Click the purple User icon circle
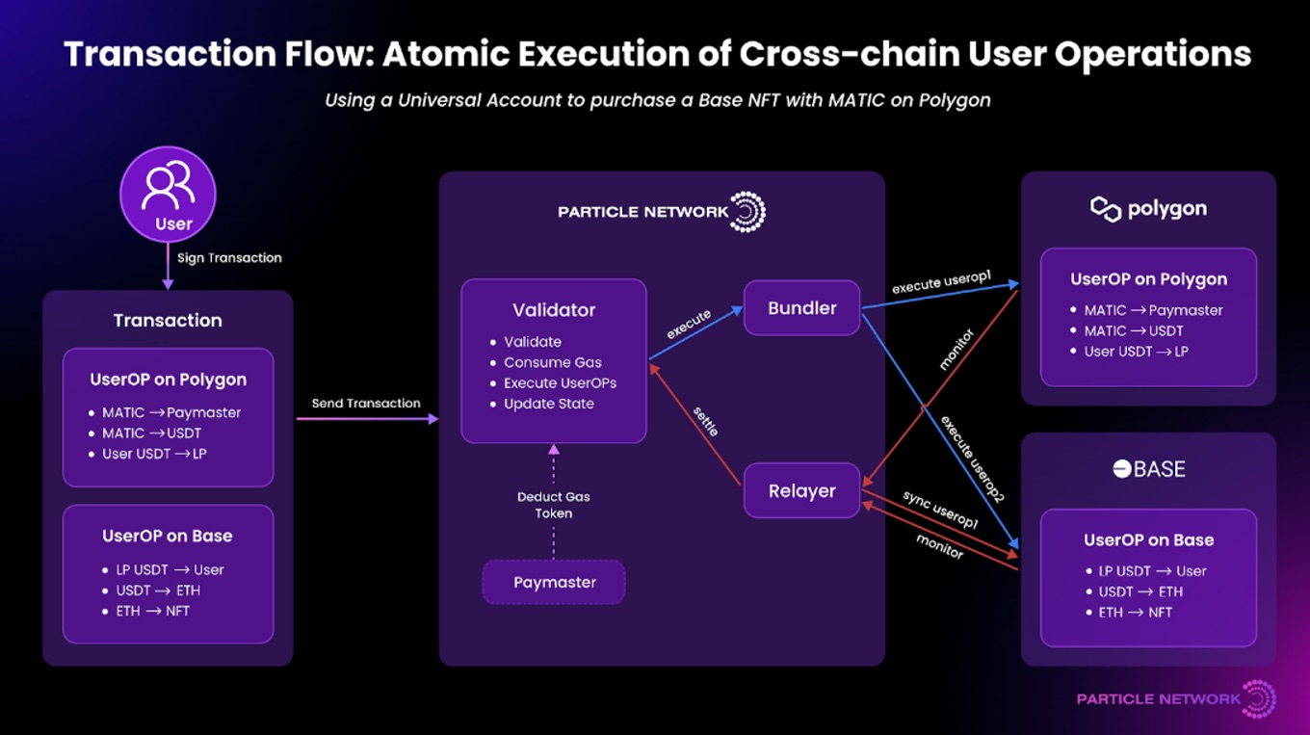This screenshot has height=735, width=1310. click(x=168, y=195)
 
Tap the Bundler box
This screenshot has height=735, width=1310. click(x=801, y=308)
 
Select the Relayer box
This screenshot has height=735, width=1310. click(x=801, y=491)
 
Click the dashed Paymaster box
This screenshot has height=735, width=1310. click(x=554, y=583)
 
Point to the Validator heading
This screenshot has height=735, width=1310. click(x=554, y=310)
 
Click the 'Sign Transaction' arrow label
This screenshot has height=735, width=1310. click(x=229, y=258)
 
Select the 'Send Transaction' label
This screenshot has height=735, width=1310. click(x=366, y=404)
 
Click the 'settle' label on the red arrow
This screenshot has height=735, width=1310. click(x=706, y=421)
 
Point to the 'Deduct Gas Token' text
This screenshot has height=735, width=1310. click(x=554, y=505)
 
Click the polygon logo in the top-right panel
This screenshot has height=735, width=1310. click(x=1148, y=209)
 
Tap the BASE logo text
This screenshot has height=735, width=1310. click(x=1148, y=469)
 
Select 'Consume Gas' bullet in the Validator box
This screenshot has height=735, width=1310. click(x=553, y=362)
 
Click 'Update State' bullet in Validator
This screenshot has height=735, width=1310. click(x=549, y=404)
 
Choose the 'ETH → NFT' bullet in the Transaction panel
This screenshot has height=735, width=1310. click(x=153, y=611)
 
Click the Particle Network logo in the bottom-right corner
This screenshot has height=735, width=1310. click(x=1176, y=698)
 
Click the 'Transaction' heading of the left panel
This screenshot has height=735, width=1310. click(x=168, y=321)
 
